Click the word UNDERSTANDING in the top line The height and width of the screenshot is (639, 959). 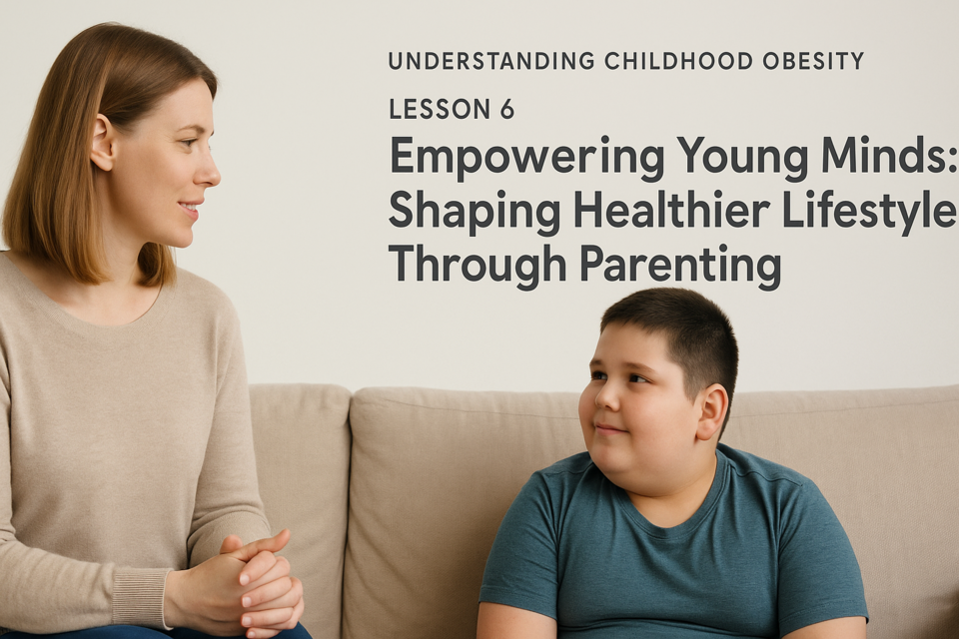point(491,61)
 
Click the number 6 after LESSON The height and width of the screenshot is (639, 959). point(506,110)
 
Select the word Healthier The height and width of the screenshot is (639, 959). point(672,209)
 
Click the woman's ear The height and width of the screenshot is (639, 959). point(102,143)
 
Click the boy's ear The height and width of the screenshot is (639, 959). point(712,411)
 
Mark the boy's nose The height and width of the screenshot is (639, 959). point(606,398)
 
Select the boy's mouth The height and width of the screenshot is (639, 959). point(611,430)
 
